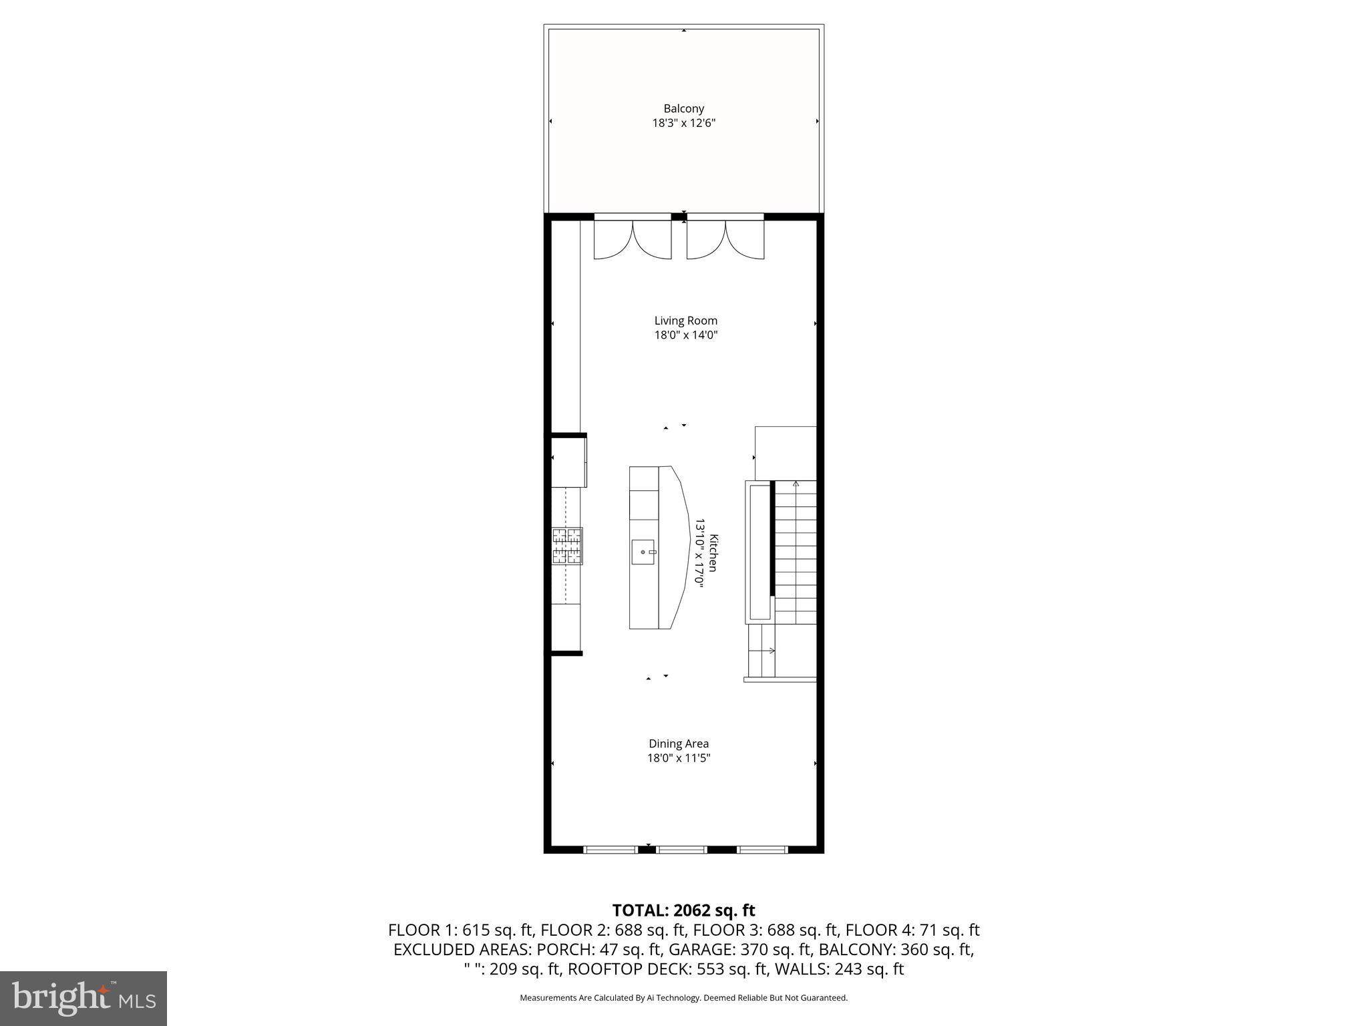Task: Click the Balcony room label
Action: [683, 108]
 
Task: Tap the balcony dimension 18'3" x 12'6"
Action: [683, 123]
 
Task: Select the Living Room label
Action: [685, 321]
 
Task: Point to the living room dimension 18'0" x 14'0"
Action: [685, 335]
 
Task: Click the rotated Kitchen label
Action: [713, 552]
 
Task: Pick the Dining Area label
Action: [679, 743]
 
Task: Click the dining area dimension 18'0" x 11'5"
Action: [679, 758]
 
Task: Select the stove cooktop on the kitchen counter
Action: [567, 546]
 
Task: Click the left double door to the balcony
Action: [633, 238]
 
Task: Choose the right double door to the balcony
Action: [725, 238]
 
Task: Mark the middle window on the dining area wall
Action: [681, 850]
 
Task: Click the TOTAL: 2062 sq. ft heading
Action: [683, 910]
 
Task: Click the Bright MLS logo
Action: [83, 999]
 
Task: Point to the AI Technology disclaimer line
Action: [683, 998]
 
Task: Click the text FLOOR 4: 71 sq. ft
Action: [912, 930]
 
